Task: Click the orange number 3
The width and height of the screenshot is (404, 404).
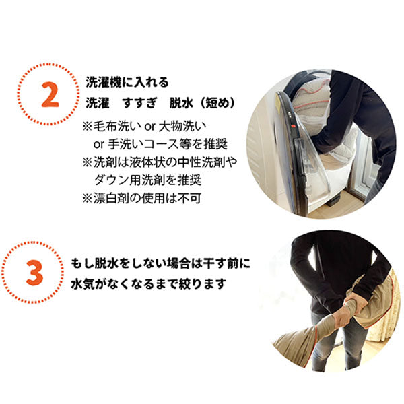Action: point(35,273)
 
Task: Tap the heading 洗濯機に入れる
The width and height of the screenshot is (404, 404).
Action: point(127,82)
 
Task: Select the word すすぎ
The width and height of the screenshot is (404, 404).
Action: point(139,103)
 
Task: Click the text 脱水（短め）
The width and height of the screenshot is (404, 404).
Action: point(202,103)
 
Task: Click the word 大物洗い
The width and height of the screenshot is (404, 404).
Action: point(182,127)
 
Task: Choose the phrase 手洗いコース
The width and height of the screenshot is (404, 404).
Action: point(143,144)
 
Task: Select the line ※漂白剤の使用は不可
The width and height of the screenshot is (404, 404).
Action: point(141,198)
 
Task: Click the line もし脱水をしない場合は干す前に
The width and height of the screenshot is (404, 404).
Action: point(160,263)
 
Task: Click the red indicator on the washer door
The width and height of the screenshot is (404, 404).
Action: point(293,127)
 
